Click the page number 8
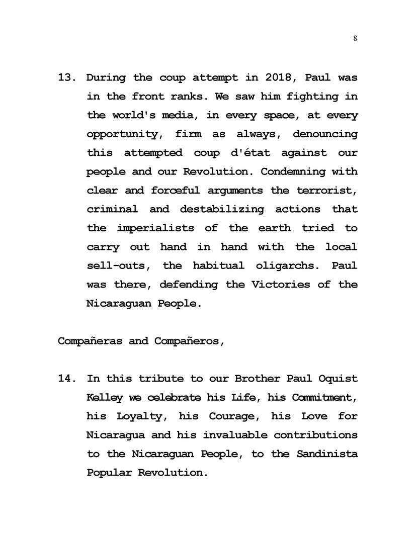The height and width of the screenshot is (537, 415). point(355,39)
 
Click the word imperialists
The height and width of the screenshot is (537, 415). point(155,228)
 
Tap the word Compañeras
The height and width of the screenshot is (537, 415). point(90,341)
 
